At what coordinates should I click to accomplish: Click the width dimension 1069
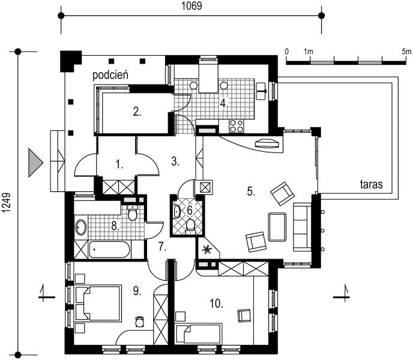tap(191, 6)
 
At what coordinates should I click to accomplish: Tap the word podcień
tap(110, 75)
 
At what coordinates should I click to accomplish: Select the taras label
tap(372, 184)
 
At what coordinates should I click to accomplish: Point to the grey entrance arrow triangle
tap(35, 163)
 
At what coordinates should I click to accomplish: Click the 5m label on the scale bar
tap(406, 52)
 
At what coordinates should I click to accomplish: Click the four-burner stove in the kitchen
tap(237, 126)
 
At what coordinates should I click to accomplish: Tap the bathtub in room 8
tap(109, 250)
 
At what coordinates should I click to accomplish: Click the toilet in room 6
tap(190, 226)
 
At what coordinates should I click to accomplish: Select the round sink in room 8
tap(80, 227)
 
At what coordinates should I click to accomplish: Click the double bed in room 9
tap(98, 303)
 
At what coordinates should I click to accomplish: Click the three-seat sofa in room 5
tap(303, 227)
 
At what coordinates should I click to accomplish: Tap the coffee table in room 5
tap(277, 227)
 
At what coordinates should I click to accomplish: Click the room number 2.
tap(137, 112)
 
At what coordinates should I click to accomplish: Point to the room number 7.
tap(162, 247)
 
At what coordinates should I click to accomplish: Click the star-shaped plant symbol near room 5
tap(206, 249)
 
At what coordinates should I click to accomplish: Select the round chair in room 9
tap(140, 321)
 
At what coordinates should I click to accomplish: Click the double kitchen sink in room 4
tap(261, 91)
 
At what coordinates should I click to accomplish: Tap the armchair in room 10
tap(244, 315)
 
